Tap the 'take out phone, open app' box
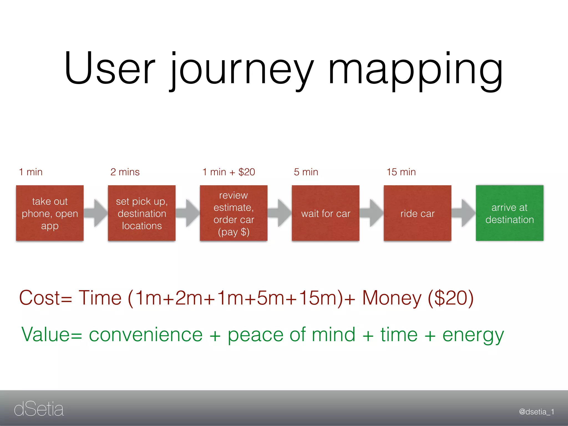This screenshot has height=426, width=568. tap(50, 213)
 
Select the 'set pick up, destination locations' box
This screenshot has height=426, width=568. tap(142, 213)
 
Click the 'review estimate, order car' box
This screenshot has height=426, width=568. tap(234, 213)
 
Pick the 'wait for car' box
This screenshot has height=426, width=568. tap(326, 213)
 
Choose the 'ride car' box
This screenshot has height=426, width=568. tap(417, 213)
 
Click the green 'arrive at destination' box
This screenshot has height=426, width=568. tap(509, 213)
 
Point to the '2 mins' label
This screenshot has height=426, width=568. tap(125, 172)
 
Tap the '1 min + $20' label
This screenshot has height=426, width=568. tap(229, 172)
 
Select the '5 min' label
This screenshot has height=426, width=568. tap(306, 172)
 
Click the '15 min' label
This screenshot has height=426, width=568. tap(401, 172)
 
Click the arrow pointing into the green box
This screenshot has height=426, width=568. tap(463, 213)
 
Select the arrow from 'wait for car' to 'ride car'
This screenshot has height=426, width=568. tap(372, 213)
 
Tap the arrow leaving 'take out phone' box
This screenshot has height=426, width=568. tap(96, 213)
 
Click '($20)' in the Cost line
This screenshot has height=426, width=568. tap(451, 298)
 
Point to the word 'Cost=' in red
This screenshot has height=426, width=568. tap(46, 298)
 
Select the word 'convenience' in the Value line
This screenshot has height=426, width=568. tap(146, 335)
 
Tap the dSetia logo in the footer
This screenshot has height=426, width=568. tap(39, 409)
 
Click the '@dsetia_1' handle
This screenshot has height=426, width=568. tap(536, 412)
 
